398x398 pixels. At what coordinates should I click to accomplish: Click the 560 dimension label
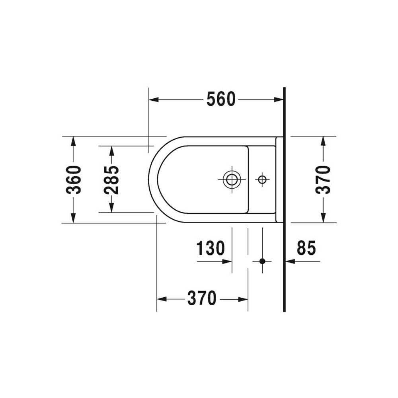click(221, 99)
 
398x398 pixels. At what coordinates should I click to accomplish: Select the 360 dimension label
click(74, 180)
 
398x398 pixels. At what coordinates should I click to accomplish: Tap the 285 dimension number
click(111, 180)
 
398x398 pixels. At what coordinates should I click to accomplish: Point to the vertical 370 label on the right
click(323, 180)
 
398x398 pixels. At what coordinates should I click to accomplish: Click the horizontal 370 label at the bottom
click(202, 298)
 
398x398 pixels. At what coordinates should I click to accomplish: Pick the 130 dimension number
click(211, 248)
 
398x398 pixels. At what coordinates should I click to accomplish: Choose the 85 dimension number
click(306, 248)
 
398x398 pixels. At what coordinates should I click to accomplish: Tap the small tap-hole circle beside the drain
click(262, 180)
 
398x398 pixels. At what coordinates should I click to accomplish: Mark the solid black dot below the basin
click(262, 261)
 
